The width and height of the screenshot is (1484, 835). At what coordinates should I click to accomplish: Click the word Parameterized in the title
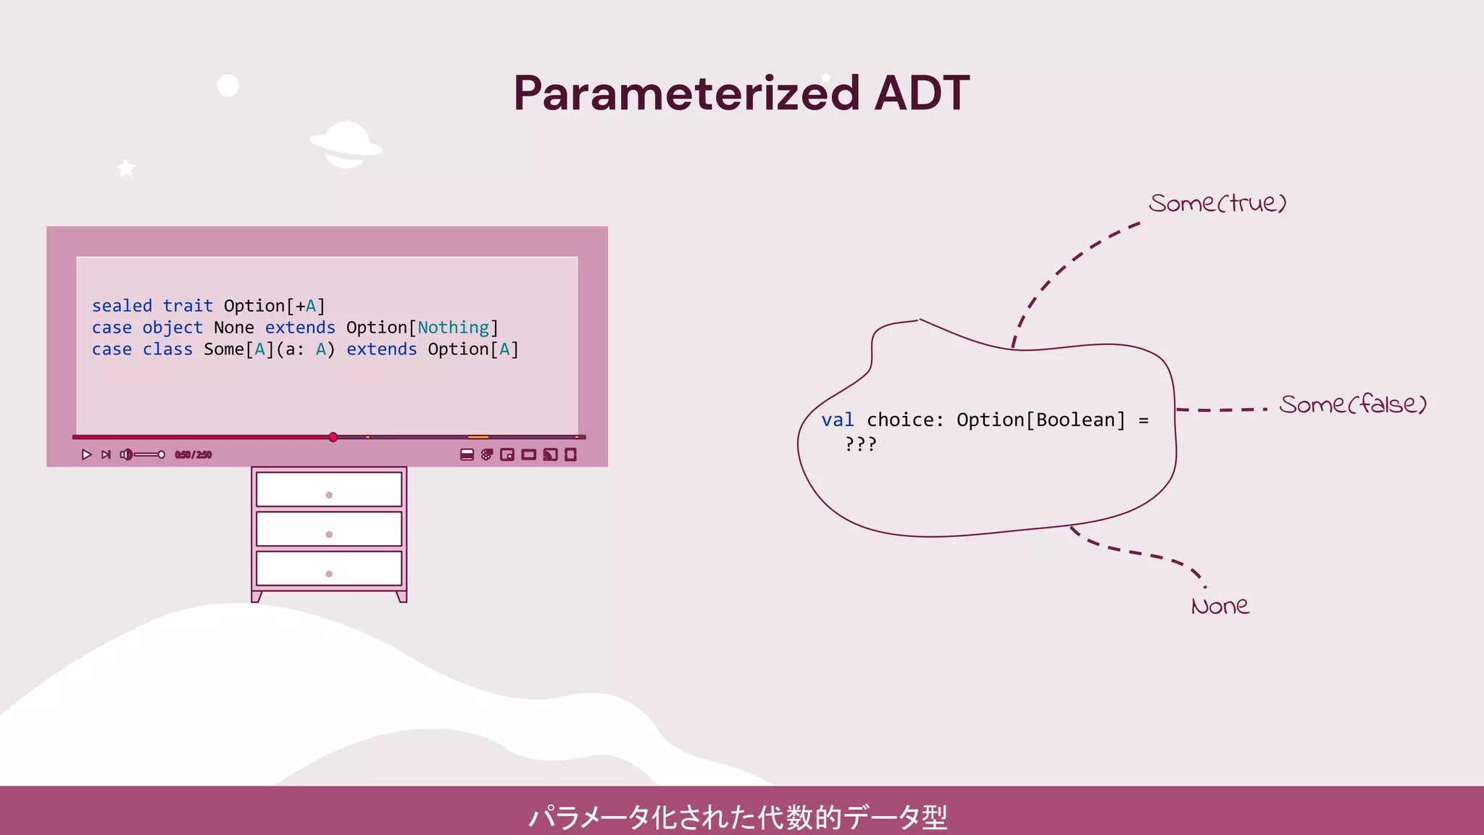click(686, 94)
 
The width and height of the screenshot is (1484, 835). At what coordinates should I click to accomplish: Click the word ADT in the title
click(922, 94)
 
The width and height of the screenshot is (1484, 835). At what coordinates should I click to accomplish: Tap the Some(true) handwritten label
click(1217, 204)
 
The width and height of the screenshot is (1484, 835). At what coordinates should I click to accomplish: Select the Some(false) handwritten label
click(1353, 404)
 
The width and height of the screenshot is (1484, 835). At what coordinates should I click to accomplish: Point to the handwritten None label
click(1220, 606)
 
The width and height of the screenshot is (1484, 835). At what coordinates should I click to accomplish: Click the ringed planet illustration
click(346, 144)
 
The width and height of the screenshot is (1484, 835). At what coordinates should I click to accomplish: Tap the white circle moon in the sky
click(228, 86)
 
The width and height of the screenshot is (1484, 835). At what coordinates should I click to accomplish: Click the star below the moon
click(126, 168)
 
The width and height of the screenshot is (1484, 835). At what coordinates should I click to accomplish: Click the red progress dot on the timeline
click(333, 437)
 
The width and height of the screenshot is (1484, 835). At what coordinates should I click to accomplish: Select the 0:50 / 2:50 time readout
click(193, 455)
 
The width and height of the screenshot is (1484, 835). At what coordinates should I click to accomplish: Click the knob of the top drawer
click(329, 495)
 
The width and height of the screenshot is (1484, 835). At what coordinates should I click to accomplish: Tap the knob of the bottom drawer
click(329, 574)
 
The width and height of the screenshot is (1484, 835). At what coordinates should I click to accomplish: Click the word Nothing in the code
click(454, 328)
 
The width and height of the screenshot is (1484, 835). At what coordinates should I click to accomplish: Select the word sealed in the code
click(122, 306)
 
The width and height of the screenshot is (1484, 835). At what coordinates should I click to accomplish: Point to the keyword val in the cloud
click(838, 420)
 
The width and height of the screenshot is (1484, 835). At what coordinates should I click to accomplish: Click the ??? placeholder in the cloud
click(861, 444)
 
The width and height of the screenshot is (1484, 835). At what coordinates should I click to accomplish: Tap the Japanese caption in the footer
click(738, 817)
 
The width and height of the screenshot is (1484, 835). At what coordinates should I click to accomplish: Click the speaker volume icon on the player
click(126, 454)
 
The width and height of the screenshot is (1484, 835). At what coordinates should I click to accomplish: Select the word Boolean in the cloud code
click(1075, 420)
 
